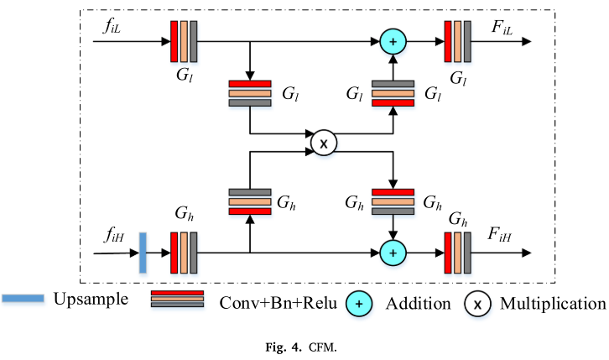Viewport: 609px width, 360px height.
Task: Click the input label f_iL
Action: (112, 26)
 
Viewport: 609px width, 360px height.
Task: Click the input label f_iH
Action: (113, 235)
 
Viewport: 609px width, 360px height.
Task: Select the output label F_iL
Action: (502, 27)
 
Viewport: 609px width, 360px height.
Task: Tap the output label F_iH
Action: (499, 235)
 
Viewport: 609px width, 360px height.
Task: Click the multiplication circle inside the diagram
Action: (324, 143)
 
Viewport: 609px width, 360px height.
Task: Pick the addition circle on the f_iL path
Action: (393, 42)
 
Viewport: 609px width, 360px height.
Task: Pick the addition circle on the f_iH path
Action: (393, 253)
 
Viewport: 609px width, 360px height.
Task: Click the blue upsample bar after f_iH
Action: (143, 253)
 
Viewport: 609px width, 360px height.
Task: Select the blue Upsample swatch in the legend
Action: (23, 298)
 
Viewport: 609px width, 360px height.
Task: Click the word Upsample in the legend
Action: (91, 299)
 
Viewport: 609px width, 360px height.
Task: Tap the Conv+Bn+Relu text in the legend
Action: (278, 303)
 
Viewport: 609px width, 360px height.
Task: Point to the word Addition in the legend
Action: (419, 303)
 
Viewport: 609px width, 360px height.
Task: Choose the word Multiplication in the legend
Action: (553, 303)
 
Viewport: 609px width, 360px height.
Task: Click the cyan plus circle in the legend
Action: (359, 304)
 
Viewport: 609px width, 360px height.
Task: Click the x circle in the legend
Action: (477, 304)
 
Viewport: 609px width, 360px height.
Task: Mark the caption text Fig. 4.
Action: (284, 347)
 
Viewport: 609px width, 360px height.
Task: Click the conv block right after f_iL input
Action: (184, 42)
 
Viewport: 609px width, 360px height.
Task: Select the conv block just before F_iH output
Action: (457, 253)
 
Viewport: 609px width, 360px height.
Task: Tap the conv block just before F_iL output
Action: (457, 42)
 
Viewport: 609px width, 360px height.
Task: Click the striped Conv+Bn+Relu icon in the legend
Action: (178, 299)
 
